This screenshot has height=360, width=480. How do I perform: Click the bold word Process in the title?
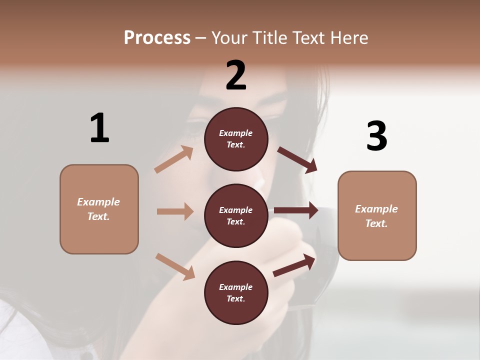157,37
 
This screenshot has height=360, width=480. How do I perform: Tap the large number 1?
99,128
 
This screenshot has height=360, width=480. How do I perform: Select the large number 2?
236,75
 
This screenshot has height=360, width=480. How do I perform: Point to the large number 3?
376,136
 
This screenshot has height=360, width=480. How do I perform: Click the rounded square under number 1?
99,209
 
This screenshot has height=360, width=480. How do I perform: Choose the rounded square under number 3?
377,215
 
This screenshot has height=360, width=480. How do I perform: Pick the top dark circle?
236,139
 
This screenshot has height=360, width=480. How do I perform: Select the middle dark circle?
236,215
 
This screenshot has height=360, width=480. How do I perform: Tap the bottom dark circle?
236,292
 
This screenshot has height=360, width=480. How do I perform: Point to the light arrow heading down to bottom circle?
175,266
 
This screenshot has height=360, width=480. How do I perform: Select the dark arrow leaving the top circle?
297,160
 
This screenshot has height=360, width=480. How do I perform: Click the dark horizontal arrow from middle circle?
296,210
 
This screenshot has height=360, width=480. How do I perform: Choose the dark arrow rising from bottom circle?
294,265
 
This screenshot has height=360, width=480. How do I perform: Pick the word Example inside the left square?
98,202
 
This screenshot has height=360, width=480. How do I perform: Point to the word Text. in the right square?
376,223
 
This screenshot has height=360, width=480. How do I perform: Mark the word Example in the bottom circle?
236,287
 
